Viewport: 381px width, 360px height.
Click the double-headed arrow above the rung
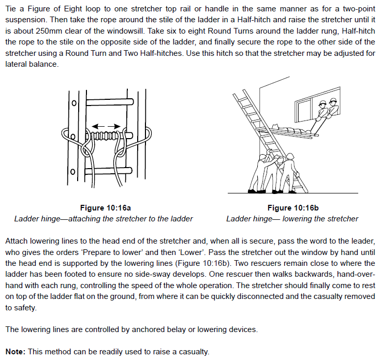[106, 126]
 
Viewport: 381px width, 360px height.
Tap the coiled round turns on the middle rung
[106, 137]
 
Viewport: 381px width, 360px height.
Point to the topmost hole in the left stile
[74, 103]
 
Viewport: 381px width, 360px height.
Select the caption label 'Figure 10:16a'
[104, 208]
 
